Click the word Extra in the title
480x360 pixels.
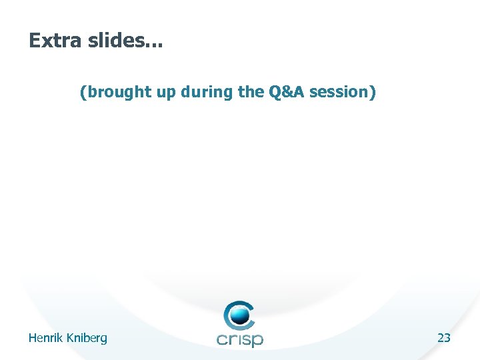click(53, 41)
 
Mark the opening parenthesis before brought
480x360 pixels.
click(83, 93)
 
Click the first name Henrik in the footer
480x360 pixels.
click(45, 338)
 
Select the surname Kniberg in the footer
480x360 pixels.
click(86, 339)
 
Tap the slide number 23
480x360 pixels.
click(444, 338)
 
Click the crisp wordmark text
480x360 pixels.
click(240, 339)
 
